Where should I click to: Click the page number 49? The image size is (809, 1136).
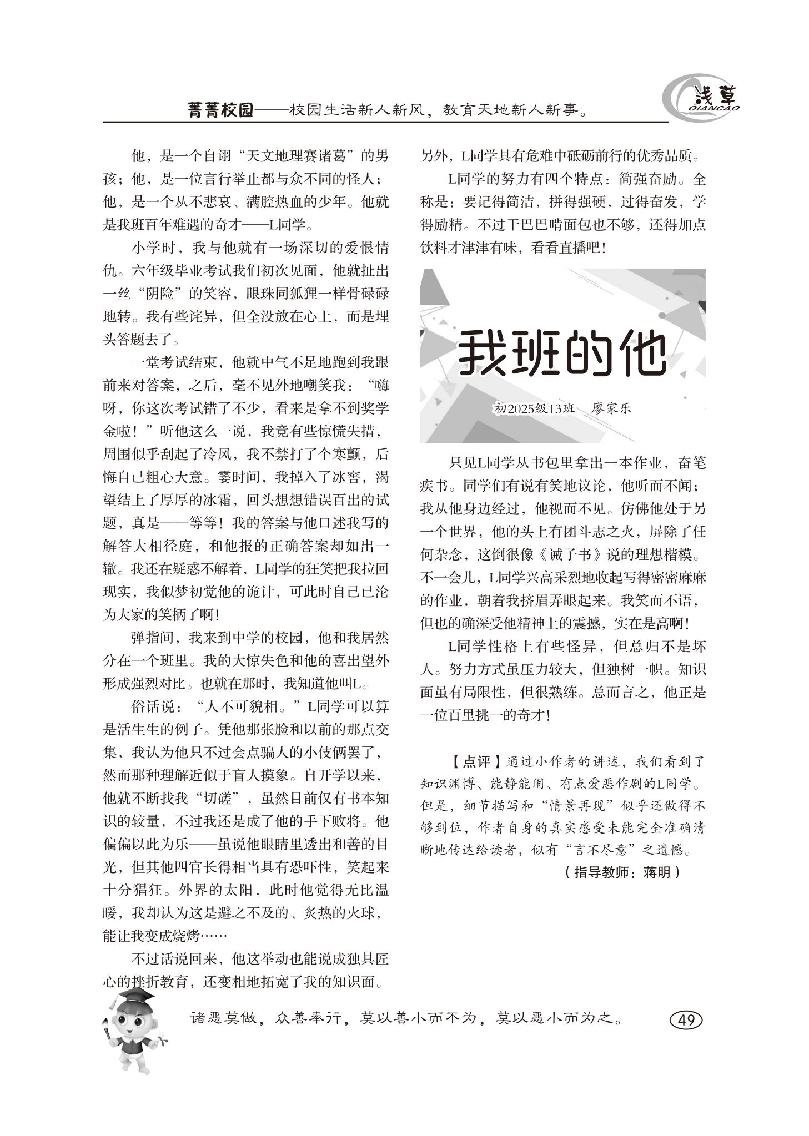pyautogui.click(x=686, y=1019)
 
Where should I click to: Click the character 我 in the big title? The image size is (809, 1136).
pyautogui.click(x=484, y=352)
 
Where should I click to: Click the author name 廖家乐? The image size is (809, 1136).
pyautogui.click(x=611, y=408)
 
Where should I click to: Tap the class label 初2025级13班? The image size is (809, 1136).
pyautogui.click(x=534, y=408)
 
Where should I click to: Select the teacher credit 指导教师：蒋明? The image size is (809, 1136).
pyautogui.click(x=622, y=872)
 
